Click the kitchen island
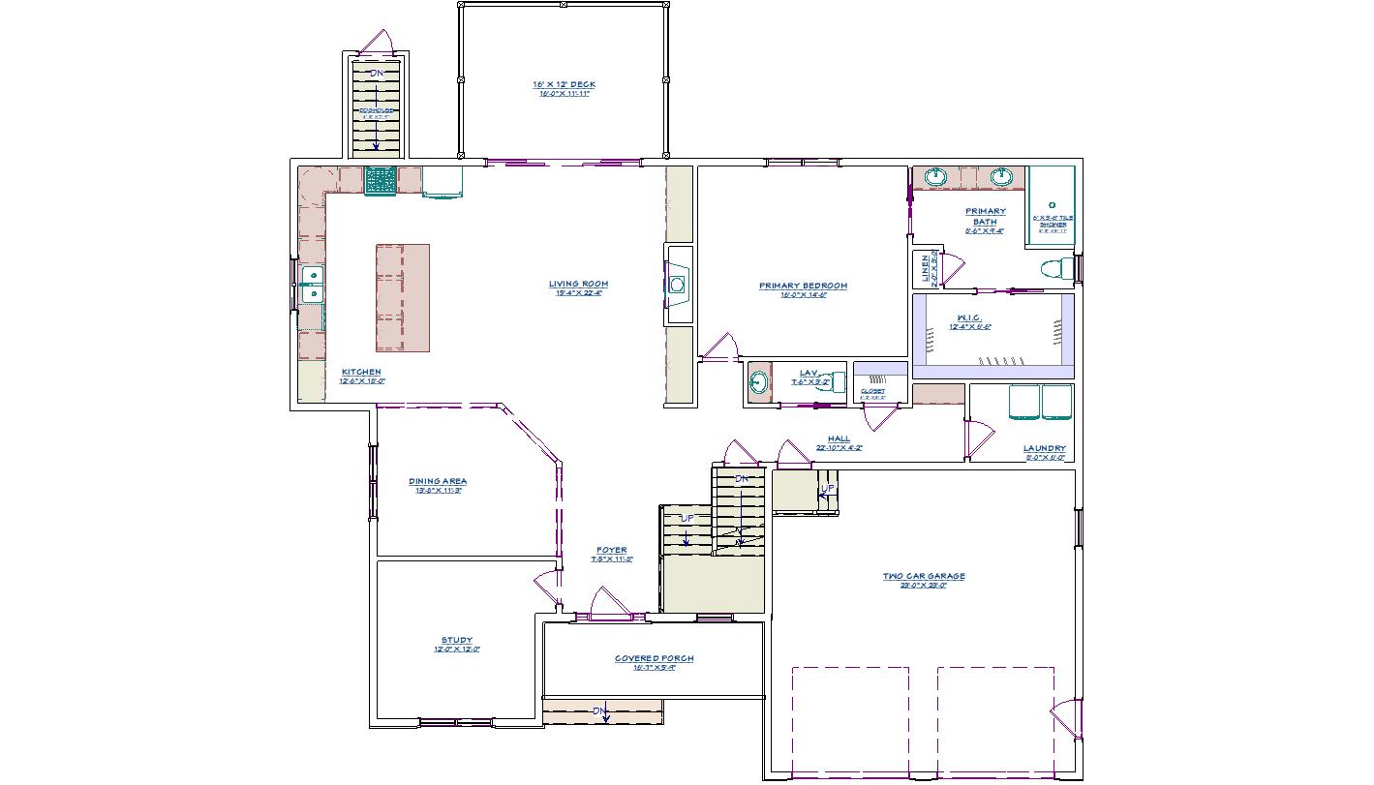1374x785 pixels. click(x=402, y=297)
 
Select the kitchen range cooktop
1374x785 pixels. click(x=380, y=181)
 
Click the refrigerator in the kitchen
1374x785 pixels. click(x=442, y=181)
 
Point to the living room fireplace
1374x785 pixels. click(x=678, y=285)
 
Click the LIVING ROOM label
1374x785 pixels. click(x=578, y=284)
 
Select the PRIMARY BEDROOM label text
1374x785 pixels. click(x=803, y=286)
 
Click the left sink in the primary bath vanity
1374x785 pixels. click(x=936, y=177)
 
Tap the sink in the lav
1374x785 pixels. click(x=758, y=384)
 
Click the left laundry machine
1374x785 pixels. click(x=1024, y=402)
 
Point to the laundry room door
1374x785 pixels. click(x=978, y=440)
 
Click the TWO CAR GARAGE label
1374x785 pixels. click(x=923, y=576)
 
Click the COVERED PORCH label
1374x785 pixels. click(x=654, y=658)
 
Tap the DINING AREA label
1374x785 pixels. click(x=438, y=481)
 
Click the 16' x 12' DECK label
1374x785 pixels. click(x=564, y=84)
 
